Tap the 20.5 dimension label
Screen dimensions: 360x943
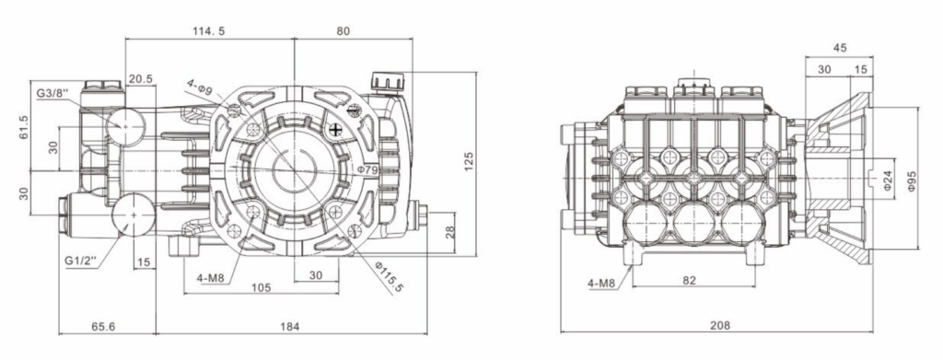coord(141,79)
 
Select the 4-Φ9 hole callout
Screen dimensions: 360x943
coord(200,89)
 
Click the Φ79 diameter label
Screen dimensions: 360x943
coord(368,169)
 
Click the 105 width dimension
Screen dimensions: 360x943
coord(260,287)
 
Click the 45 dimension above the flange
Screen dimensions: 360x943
coord(839,48)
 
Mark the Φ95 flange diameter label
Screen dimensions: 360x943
coord(913,179)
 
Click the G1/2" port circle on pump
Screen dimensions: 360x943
coord(134,215)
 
